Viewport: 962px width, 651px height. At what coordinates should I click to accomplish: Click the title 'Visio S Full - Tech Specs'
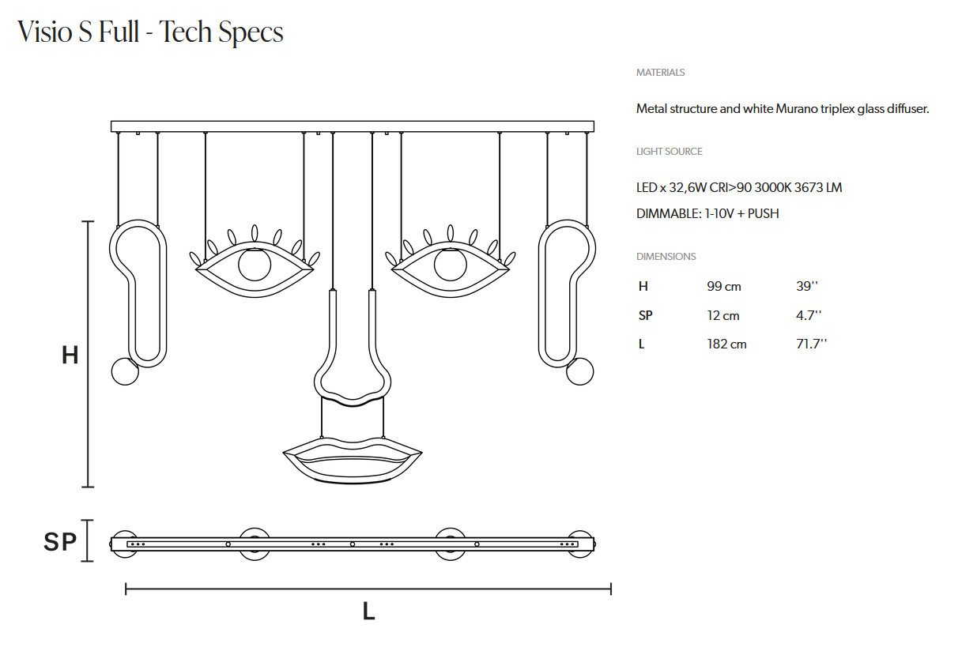coord(150,32)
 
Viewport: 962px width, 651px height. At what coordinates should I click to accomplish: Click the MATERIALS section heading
coord(660,73)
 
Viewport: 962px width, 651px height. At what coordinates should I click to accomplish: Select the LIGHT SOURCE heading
coord(669,152)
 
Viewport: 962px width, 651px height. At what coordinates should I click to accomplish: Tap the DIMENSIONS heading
coord(666,257)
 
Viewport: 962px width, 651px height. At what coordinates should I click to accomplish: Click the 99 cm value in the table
coord(723,287)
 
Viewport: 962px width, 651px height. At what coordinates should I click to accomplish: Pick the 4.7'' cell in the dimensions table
coord(808,315)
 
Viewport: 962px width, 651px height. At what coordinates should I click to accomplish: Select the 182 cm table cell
coord(726,344)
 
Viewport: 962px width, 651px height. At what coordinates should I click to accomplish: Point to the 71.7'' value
coord(811,344)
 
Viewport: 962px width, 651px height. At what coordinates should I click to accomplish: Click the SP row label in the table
coord(645,315)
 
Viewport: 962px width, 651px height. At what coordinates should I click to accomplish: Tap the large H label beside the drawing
coord(70,356)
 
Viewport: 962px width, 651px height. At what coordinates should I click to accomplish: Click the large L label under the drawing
coord(368,611)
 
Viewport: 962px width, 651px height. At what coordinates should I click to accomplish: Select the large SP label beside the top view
coord(60,542)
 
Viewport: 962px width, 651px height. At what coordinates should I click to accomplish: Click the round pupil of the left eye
coord(254,264)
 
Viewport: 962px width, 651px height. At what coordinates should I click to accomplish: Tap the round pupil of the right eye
coord(450,264)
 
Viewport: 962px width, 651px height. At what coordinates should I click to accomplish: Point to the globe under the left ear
coord(125,371)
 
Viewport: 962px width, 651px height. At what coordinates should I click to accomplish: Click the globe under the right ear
coord(580,371)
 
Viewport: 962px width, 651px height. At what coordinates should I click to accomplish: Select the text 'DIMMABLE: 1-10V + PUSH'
coord(707,213)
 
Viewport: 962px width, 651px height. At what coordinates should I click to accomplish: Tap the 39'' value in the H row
coord(808,287)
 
